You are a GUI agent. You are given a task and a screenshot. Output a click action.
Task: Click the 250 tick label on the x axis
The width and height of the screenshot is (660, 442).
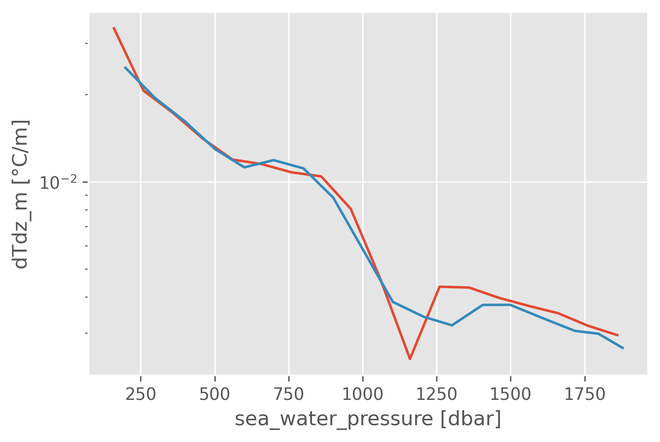click(141, 394)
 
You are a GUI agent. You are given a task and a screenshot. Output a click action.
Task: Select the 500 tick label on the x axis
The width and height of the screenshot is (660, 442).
click(214, 394)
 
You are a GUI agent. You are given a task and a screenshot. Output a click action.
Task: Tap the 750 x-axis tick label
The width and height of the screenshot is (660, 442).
click(289, 394)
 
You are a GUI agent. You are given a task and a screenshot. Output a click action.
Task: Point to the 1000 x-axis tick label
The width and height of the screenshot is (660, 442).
click(363, 394)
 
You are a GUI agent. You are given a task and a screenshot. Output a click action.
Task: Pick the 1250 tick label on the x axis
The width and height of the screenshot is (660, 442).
click(437, 394)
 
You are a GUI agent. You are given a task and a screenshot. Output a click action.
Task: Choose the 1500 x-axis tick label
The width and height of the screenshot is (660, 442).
click(510, 394)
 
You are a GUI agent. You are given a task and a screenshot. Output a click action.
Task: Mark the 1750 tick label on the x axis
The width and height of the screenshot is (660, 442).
click(584, 394)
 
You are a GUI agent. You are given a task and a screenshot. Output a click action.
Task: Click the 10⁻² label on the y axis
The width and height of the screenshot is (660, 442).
click(57, 183)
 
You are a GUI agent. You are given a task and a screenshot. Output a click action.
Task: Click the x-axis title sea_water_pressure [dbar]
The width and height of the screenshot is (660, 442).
click(368, 419)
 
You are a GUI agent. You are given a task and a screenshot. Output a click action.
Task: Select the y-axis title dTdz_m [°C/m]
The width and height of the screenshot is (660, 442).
click(21, 193)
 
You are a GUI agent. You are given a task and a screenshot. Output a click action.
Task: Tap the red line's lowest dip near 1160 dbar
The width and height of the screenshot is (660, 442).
click(410, 359)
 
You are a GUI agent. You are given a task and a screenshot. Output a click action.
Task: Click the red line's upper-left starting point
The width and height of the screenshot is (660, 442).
click(113, 28)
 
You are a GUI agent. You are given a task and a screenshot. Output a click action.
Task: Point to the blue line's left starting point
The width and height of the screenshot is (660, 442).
click(125, 67)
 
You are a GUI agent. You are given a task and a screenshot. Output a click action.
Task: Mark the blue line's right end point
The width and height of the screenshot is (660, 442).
click(623, 348)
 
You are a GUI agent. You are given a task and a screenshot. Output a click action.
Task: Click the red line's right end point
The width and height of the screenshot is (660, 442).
click(618, 335)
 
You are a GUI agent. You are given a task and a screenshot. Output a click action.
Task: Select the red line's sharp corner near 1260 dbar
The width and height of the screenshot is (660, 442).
click(440, 286)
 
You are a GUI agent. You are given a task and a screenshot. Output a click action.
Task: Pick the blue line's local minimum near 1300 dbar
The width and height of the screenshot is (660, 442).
click(452, 325)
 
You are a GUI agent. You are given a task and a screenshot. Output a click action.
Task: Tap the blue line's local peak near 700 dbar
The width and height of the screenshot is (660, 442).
click(274, 160)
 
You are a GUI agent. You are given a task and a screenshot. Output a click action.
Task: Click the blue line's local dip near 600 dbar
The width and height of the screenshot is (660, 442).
click(244, 167)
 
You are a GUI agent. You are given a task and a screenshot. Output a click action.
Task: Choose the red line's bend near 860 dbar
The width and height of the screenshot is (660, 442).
click(321, 176)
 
